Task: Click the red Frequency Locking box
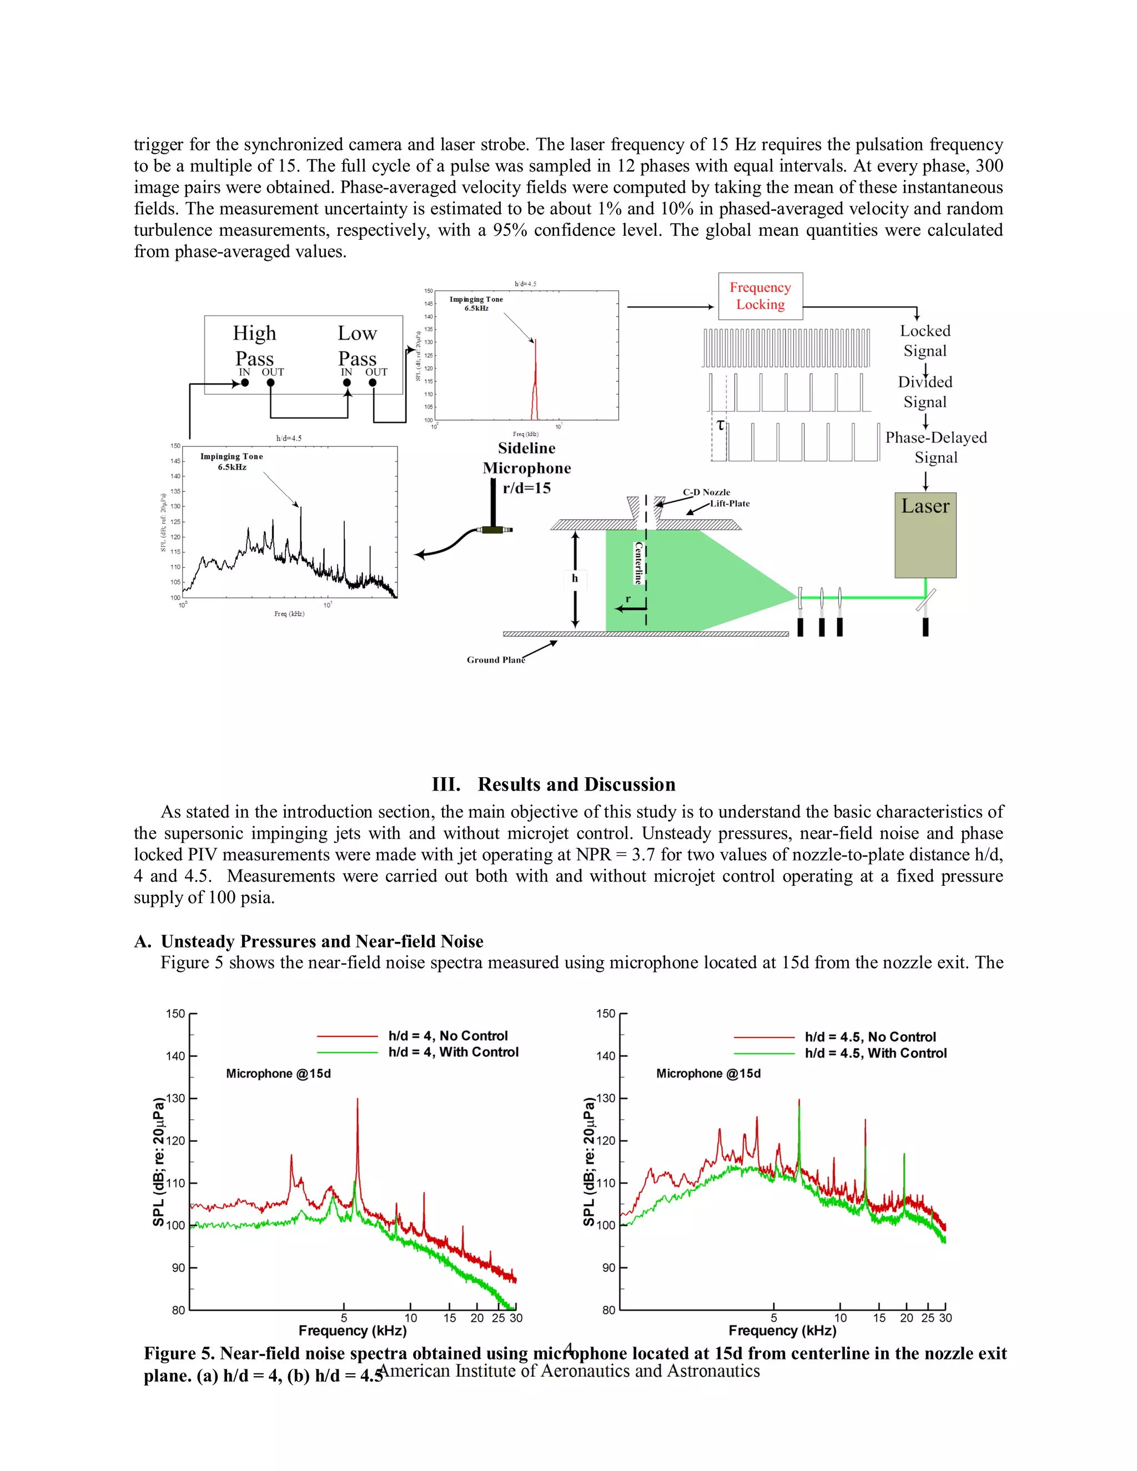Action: (x=760, y=296)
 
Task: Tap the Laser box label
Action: (x=925, y=506)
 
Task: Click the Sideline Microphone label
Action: (x=526, y=458)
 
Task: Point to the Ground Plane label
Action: (x=495, y=659)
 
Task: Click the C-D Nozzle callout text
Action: (x=706, y=492)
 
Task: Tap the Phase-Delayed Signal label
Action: (x=935, y=447)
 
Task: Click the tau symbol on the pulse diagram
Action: (x=720, y=425)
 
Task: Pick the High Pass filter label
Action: (x=254, y=345)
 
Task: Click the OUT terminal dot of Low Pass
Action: (x=373, y=382)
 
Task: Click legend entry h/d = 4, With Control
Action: (x=452, y=1052)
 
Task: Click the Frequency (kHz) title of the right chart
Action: (x=782, y=1330)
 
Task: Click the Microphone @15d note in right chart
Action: (x=708, y=1074)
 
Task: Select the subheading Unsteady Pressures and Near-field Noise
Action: (x=322, y=941)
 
